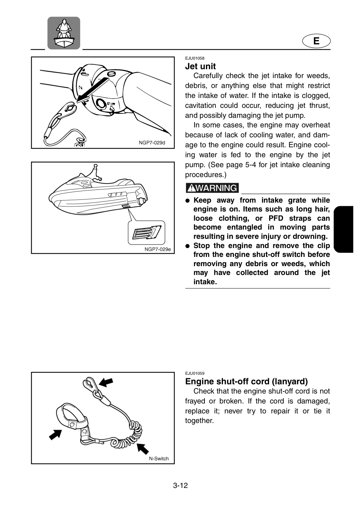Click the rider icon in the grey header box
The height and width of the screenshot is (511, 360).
64,33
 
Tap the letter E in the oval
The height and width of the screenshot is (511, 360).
316,41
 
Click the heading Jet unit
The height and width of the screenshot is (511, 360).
200,66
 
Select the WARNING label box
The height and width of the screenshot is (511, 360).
212,188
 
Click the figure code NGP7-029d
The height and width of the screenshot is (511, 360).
152,143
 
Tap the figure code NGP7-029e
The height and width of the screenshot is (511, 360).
158,249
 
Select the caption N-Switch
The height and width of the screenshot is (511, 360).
159,459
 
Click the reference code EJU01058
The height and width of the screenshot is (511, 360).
195,59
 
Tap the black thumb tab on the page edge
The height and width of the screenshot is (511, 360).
343,229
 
